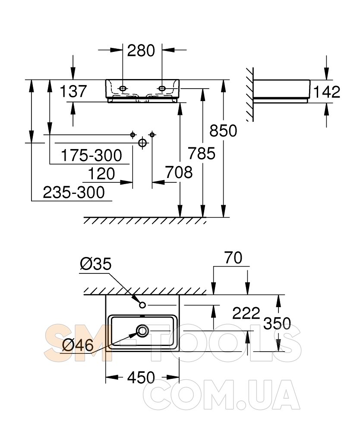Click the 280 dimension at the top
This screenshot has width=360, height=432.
tap(141, 51)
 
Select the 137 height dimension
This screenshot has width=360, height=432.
tap(73, 91)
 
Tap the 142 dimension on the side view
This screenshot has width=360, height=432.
tap(327, 92)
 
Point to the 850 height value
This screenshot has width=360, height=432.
tap(223, 130)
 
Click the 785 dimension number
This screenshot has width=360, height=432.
tap(202, 153)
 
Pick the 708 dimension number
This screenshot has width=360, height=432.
tap(179, 172)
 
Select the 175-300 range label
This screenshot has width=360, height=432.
tap(92, 156)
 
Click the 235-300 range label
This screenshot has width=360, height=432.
tap(74, 192)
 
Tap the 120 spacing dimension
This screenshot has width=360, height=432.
tap(101, 174)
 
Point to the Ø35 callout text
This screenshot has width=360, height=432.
tap(96, 264)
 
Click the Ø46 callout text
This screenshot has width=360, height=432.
tap(78, 345)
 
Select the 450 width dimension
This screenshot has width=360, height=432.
tap(141, 377)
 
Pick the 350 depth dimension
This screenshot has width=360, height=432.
tap(277, 323)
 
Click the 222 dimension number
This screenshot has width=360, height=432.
tap(246, 313)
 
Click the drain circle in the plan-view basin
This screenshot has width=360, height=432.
tap(142, 330)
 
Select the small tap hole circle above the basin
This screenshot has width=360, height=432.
tap(142, 305)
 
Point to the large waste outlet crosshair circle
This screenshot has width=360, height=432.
tap(142, 143)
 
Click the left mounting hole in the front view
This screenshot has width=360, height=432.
tap(123, 89)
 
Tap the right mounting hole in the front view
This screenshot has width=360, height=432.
tap(162, 89)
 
